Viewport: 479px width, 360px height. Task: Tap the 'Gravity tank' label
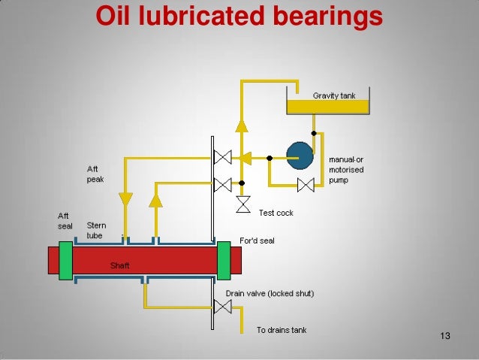[333, 95]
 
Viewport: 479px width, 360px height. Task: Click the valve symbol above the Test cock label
[243, 203]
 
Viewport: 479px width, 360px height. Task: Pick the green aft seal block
[65, 260]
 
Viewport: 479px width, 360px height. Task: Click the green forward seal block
[223, 260]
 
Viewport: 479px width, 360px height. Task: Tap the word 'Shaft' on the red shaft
[120, 265]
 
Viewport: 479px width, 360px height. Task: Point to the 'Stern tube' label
[95, 229]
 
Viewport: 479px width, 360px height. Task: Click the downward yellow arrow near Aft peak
[125, 199]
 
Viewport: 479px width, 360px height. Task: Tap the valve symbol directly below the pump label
[306, 185]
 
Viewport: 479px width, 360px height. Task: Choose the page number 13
[444, 334]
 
